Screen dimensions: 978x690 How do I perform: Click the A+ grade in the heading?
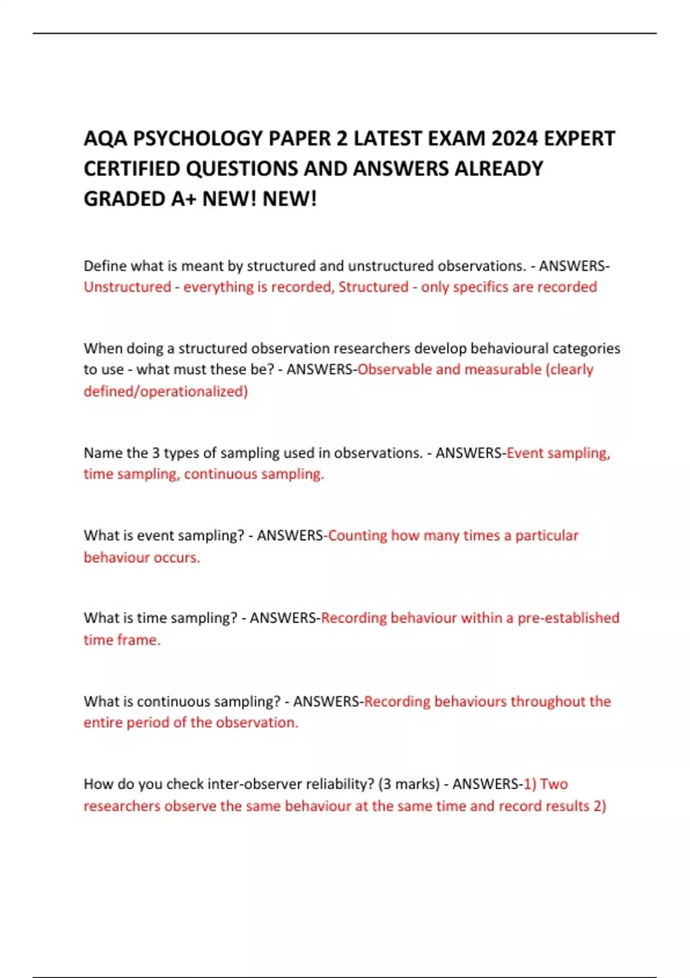183,199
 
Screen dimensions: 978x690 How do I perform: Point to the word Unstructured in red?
127,286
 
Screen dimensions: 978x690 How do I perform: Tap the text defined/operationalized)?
166,391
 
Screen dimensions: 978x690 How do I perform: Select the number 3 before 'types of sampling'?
155,453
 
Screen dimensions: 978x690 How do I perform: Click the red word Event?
524,453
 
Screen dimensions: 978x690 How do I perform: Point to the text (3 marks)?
409,784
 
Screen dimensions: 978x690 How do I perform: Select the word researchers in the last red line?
122,806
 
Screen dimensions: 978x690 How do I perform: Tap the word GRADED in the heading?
125,199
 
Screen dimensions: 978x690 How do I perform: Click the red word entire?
103,723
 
